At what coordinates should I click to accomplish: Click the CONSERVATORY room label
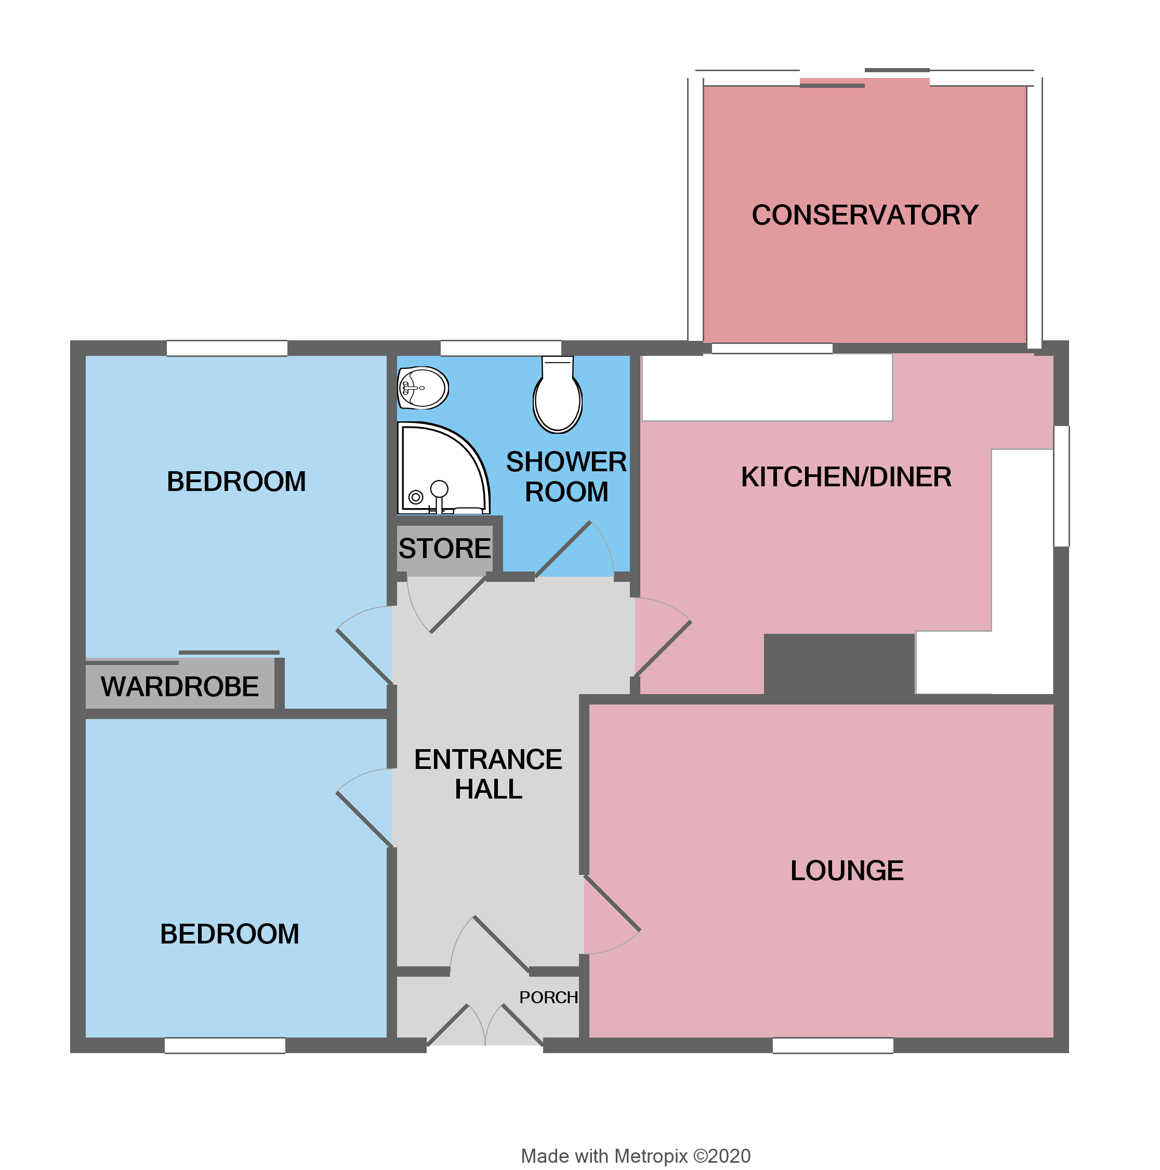point(864,215)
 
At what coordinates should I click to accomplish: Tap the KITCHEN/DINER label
point(846,477)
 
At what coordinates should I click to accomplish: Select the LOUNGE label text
point(846,871)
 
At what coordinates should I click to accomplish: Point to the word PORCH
point(548,998)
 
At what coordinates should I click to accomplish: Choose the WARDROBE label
point(179,687)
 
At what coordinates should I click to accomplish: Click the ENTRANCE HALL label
point(487,774)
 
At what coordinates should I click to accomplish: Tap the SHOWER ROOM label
point(566,476)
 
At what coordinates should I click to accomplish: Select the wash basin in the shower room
point(423,388)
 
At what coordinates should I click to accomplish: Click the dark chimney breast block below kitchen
point(838,666)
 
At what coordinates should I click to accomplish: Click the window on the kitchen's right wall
point(1061,486)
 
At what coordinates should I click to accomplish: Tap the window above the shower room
point(500,348)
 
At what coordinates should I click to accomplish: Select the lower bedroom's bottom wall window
point(225,1046)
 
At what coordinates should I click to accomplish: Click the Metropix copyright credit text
point(636,1156)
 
